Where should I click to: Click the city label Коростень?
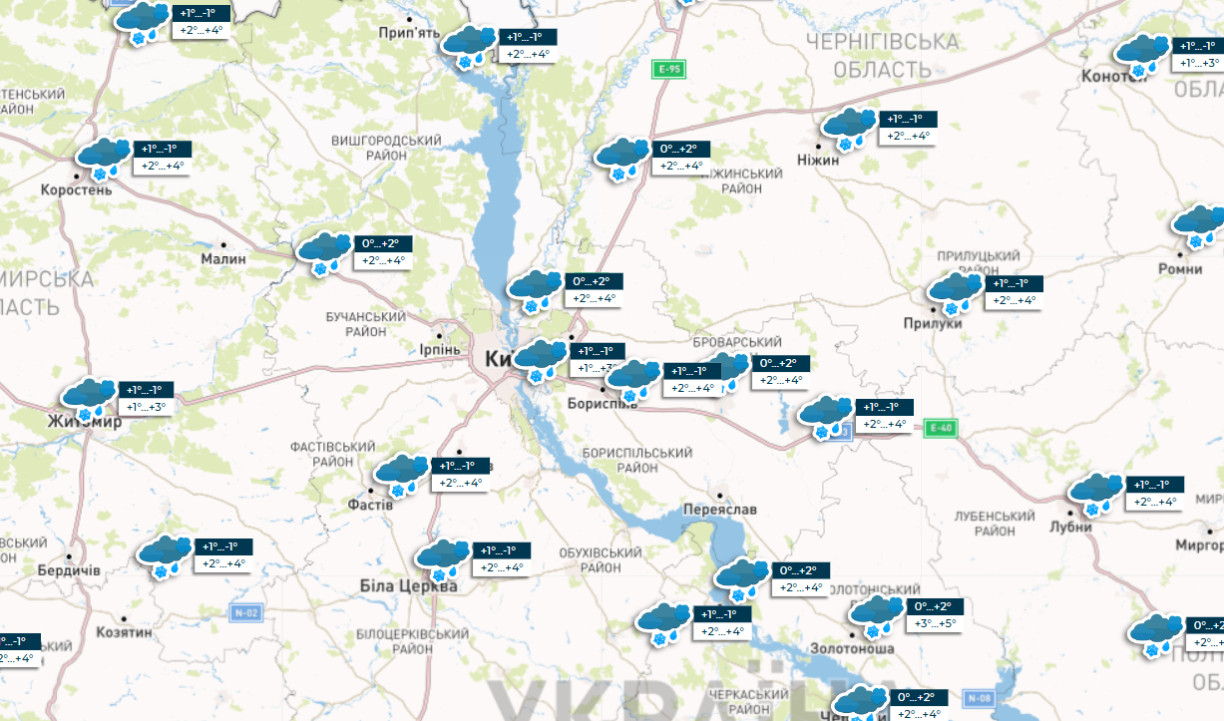click(x=76, y=189)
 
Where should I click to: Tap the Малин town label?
click(x=223, y=258)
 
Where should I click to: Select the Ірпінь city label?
click(x=439, y=349)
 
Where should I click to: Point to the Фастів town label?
click(x=372, y=505)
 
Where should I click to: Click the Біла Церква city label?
click(x=409, y=586)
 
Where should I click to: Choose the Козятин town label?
click(x=124, y=632)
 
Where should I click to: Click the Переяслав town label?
click(x=720, y=509)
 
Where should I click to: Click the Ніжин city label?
click(x=819, y=160)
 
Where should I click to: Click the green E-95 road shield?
click(x=668, y=69)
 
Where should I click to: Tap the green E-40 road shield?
click(x=940, y=428)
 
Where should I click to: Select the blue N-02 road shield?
click(x=246, y=612)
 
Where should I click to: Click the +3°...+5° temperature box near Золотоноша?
click(x=935, y=624)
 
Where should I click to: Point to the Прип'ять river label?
click(x=409, y=33)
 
